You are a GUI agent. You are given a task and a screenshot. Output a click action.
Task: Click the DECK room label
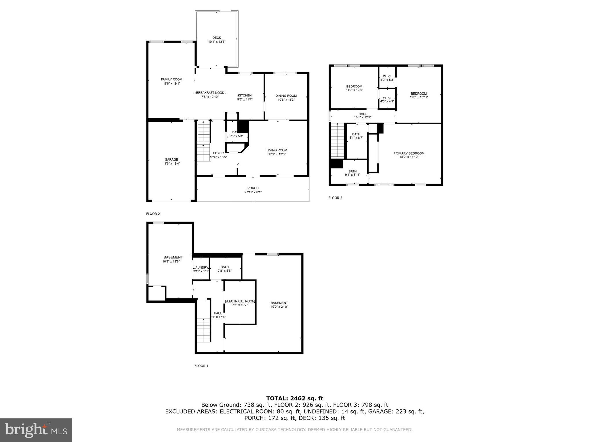217,38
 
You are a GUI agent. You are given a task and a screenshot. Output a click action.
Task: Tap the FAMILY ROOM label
171,79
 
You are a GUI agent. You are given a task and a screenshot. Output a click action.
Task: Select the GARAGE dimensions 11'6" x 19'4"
171,163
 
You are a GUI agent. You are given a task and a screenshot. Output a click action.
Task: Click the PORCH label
253,188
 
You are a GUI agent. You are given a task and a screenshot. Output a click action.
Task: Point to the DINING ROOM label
286,96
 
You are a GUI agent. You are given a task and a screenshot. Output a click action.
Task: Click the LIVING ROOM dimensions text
277,154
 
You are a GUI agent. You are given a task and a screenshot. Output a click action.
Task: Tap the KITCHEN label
245,96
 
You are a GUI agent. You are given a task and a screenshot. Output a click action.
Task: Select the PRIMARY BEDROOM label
409,153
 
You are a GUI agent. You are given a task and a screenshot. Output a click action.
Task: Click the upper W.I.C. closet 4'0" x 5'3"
387,78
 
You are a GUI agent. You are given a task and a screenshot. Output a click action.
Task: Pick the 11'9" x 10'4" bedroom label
354,88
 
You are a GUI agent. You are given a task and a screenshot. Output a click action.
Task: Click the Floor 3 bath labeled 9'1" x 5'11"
352,173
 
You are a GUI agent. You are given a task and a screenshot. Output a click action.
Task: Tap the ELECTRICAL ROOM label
240,301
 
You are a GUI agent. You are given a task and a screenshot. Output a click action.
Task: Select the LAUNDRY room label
201,268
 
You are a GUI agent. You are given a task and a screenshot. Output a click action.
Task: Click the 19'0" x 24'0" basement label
279,305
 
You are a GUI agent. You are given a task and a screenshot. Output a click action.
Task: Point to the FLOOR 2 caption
153,214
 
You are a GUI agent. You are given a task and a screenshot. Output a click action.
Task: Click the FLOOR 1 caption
201,366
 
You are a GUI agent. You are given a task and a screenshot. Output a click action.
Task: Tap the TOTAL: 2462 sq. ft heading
294,398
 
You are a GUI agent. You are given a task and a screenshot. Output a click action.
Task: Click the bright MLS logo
36,430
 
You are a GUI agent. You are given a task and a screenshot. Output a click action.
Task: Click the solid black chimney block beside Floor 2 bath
243,126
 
